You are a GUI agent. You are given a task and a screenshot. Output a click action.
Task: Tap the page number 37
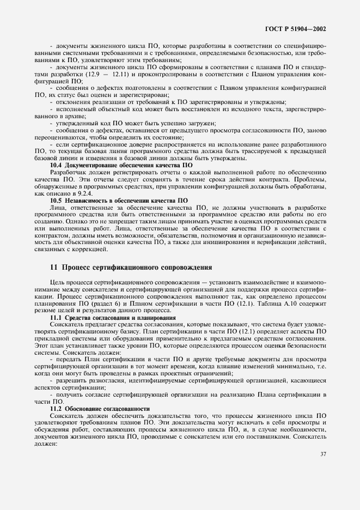(322, 470)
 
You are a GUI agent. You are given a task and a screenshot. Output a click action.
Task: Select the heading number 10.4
(56, 165)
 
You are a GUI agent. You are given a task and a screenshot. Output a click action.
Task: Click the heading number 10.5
(56, 200)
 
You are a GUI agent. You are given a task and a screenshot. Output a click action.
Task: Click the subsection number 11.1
(56, 317)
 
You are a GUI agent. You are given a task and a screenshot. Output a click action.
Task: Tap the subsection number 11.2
(56, 408)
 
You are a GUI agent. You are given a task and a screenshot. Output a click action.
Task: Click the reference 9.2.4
(89, 193)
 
